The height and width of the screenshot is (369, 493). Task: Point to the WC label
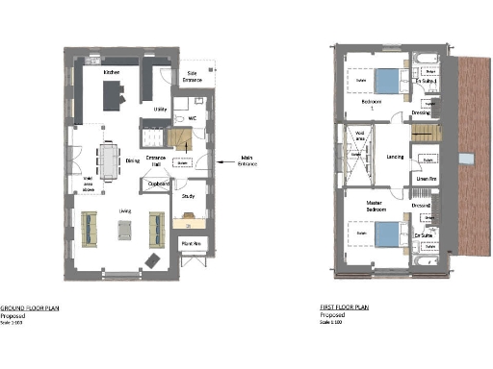[193, 119]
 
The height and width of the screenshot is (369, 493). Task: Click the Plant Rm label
[190, 244]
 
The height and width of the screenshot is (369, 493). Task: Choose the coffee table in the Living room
[124, 228]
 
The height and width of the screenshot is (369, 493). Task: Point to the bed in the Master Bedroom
[385, 234]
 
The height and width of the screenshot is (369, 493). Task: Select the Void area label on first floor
[359, 140]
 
